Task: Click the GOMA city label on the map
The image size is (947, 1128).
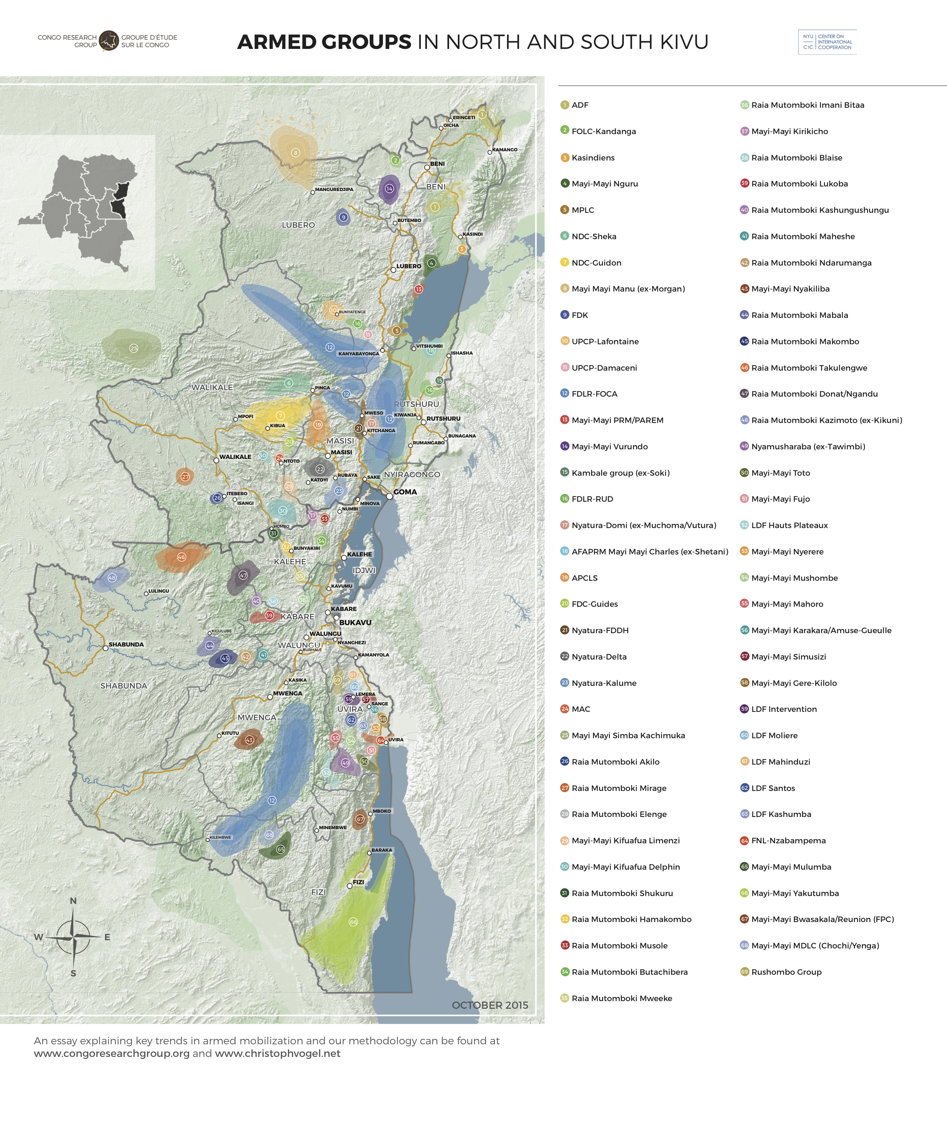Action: tap(405, 491)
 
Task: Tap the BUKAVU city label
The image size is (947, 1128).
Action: tap(355, 622)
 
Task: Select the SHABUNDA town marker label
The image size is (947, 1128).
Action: tap(126, 644)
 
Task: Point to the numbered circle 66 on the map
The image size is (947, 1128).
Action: tap(353, 922)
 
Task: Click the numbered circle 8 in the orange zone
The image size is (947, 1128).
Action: tap(295, 152)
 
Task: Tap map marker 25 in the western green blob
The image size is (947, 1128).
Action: tap(134, 348)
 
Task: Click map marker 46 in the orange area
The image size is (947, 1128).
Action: tap(181, 557)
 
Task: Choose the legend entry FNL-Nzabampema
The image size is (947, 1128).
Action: tap(788, 841)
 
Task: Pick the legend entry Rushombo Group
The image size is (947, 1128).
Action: tap(786, 972)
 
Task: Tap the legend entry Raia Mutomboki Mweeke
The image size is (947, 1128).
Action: tap(621, 998)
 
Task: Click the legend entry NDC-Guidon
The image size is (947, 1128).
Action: tap(596, 263)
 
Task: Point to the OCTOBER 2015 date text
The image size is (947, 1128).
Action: tap(490, 1005)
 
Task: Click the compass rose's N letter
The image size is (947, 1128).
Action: tap(74, 901)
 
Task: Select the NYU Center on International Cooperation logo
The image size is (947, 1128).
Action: tap(827, 42)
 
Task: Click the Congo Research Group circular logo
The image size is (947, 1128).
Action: tap(109, 41)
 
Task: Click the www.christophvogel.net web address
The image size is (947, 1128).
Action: tap(278, 1053)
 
